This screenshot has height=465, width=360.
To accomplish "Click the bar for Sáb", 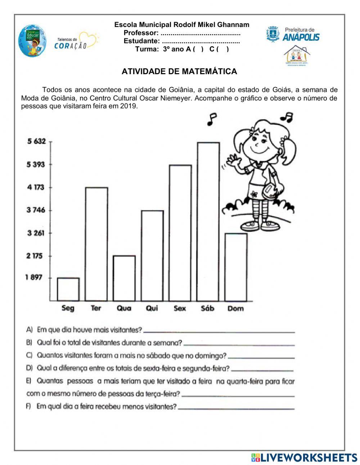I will (208, 222).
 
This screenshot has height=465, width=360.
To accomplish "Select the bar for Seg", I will (68, 289).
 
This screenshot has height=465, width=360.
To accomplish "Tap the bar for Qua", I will (124, 278).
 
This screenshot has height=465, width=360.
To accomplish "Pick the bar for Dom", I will (236, 267).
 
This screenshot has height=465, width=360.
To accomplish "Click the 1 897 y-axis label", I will (34, 277).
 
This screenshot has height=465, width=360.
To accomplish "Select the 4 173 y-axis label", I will (35, 187).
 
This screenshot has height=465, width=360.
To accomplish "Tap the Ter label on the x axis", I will (96, 308).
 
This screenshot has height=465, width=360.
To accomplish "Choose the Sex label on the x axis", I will (180, 308).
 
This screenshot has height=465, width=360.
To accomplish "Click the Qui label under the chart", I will (152, 308).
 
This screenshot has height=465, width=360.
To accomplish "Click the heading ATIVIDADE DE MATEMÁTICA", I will (179, 71).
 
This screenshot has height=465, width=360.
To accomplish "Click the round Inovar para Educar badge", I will (32, 41).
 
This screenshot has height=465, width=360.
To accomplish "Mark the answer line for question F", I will (236, 408).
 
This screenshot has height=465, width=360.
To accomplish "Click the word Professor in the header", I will (141, 33).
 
